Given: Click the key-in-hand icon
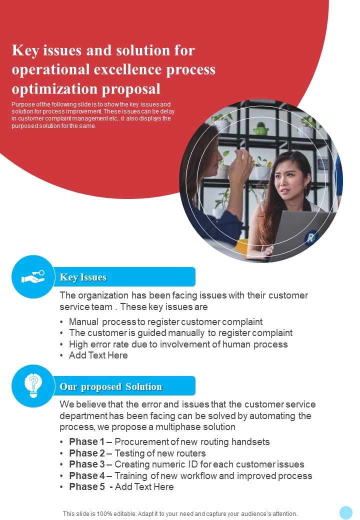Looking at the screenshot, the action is click(33, 276).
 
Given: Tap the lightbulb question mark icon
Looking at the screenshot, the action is click(33, 385).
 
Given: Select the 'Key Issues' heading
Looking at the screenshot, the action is click(83, 277).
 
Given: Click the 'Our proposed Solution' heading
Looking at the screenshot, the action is click(110, 386).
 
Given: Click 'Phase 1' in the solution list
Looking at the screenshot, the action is click(87, 441).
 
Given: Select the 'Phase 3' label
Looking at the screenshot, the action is click(87, 464).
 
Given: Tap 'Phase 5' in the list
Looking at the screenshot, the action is click(87, 487).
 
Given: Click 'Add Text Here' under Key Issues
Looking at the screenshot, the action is click(98, 355).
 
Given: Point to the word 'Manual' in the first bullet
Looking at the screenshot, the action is click(83, 321).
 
